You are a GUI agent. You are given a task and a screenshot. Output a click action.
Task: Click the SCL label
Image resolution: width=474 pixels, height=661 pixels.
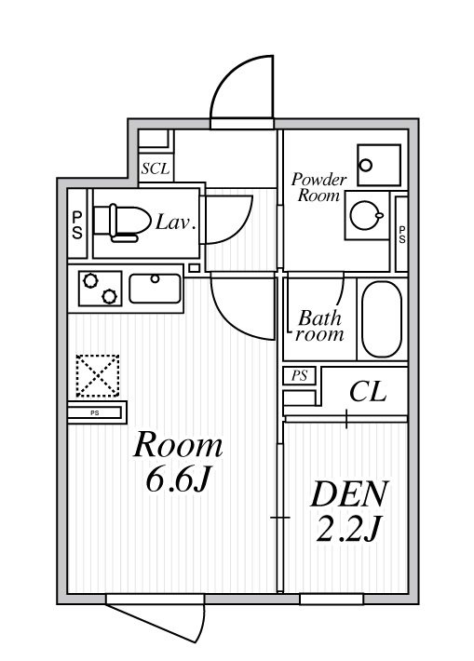(x=156, y=169)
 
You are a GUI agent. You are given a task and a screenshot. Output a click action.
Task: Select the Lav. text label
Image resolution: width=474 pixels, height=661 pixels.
(x=175, y=223)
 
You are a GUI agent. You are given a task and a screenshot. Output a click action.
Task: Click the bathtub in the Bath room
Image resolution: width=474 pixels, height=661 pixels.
(x=380, y=319)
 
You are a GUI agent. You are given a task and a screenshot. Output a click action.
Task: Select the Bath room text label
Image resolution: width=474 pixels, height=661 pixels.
(x=319, y=326)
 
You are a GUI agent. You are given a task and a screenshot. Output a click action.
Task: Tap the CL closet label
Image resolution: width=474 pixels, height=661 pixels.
(x=367, y=392)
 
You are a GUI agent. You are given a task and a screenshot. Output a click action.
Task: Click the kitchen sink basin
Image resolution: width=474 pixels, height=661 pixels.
(x=156, y=288)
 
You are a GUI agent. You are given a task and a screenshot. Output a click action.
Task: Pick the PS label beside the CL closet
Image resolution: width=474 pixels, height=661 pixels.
(x=299, y=376)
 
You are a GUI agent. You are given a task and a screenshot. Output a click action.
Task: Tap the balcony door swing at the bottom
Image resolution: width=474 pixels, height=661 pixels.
(x=158, y=622)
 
